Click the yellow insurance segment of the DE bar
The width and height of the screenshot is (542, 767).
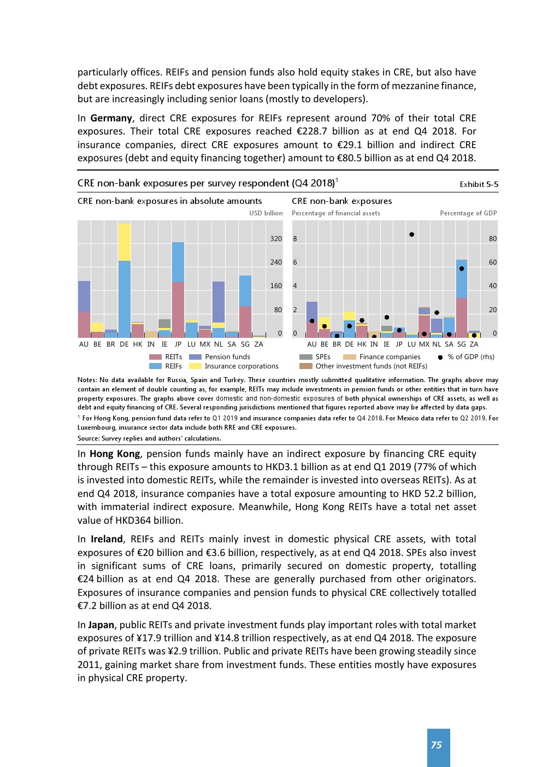(125, 242)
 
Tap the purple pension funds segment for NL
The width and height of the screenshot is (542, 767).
(219, 302)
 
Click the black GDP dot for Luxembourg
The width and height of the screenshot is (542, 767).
(411, 235)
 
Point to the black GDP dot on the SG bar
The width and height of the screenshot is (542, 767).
(462, 268)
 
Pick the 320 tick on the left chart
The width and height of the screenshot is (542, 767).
(276, 239)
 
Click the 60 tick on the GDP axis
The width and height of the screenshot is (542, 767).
(493, 262)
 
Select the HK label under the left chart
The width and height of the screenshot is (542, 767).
(138, 344)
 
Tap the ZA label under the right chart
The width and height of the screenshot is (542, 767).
(474, 344)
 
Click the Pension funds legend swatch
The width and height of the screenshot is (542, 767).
(195, 357)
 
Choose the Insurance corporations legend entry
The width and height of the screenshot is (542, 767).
(241, 366)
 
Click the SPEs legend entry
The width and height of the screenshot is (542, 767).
(322, 357)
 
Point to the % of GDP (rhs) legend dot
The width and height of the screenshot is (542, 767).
(440, 357)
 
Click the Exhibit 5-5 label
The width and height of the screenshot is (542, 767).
(479, 184)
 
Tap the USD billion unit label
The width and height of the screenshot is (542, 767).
(266, 213)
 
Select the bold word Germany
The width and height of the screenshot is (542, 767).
(111, 118)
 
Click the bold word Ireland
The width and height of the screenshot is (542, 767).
(107, 539)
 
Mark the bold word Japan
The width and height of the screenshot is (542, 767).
(101, 625)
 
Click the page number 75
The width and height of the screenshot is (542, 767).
(436, 745)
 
